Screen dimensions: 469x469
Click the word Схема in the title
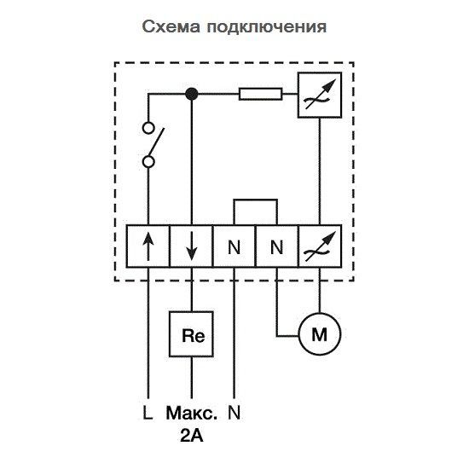pos(171,26)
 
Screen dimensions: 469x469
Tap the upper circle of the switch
pos(148,130)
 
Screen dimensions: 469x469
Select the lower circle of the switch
pos(148,161)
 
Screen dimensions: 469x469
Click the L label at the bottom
pos(148,414)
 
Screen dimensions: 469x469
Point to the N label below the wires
pos(234,414)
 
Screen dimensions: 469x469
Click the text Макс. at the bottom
pos(191,414)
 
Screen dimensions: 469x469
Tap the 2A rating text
pos(191,437)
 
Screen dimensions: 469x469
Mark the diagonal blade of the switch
pos(158,144)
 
